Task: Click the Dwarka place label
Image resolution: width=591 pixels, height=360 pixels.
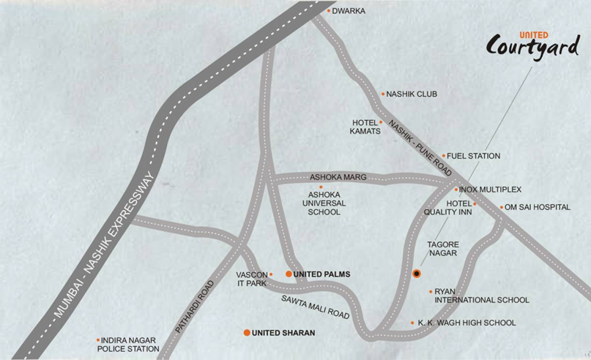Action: click(349, 11)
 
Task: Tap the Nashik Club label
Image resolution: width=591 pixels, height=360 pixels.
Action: click(411, 94)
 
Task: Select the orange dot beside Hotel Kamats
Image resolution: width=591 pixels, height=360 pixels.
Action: click(381, 122)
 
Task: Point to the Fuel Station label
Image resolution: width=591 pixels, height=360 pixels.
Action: click(473, 156)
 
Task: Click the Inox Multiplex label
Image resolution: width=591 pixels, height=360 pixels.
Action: click(490, 190)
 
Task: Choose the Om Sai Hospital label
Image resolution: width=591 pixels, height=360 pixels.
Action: click(538, 207)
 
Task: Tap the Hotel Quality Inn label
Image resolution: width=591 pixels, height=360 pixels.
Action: click(448, 208)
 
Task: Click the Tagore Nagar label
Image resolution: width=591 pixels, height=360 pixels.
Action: click(442, 249)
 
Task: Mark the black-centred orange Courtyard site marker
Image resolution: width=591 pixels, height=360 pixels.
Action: click(417, 273)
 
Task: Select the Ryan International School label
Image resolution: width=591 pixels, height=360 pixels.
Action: click(482, 296)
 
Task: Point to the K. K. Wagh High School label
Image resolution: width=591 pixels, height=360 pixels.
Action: click(467, 323)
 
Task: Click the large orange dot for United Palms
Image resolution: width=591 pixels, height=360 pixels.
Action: click(289, 274)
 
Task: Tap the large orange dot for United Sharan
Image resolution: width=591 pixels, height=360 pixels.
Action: click(247, 333)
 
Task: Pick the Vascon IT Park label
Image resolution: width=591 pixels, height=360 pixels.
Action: click(252, 279)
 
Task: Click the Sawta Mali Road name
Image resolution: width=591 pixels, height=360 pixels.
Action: click(316, 307)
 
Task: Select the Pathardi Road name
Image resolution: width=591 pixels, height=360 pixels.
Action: click(194, 307)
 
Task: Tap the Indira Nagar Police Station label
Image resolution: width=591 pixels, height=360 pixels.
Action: click(128, 345)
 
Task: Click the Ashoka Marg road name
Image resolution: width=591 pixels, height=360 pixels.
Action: click(338, 178)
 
